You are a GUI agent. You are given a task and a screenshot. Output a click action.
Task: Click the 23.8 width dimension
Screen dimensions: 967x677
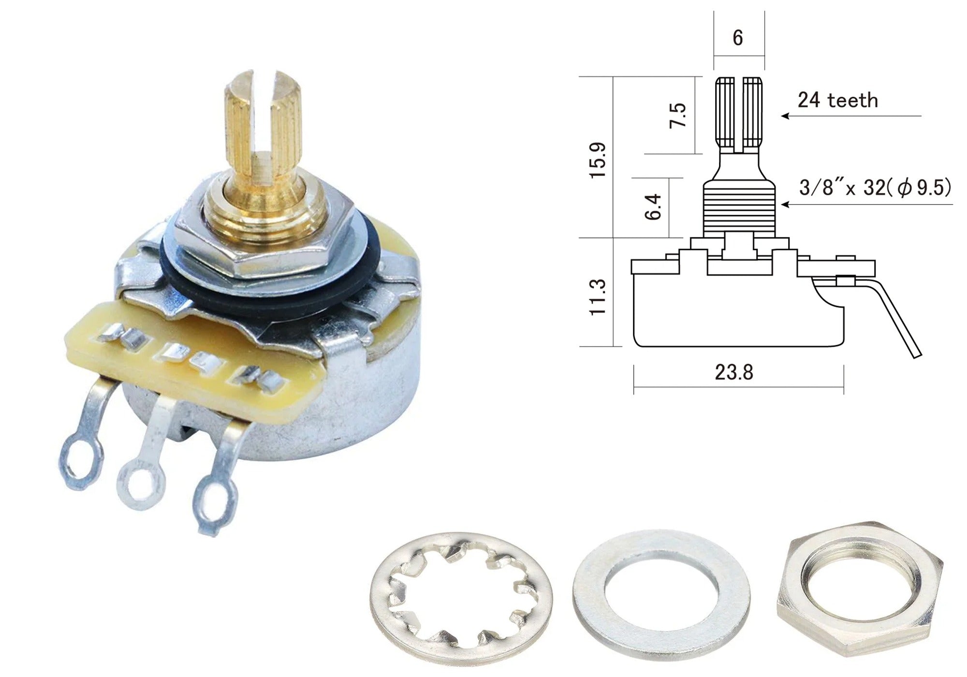pyautogui.click(x=734, y=372)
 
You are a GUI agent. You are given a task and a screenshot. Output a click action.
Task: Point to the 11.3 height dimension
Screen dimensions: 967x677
pyautogui.click(x=598, y=297)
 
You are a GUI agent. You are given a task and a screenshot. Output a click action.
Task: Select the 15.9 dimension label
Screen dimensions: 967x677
pyautogui.click(x=598, y=160)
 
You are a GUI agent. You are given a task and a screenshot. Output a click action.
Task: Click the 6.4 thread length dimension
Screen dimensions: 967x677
pyautogui.click(x=653, y=206)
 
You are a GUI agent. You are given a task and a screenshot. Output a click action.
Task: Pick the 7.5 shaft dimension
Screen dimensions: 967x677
pyautogui.click(x=678, y=115)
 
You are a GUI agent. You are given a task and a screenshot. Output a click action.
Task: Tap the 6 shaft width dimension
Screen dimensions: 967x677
pyautogui.click(x=738, y=38)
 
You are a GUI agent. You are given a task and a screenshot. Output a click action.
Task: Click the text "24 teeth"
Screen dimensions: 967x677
pyautogui.click(x=838, y=100)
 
